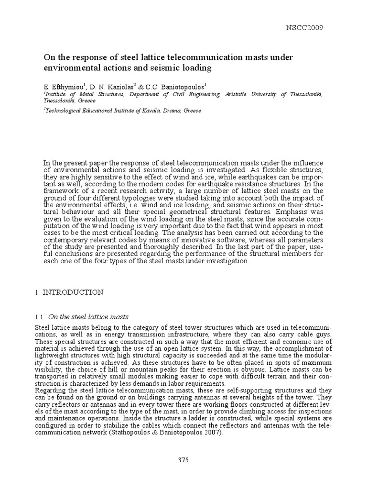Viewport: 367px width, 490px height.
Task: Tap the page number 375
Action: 183,460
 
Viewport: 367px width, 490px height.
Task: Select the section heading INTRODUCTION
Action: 73,292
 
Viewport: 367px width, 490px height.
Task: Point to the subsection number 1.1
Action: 39,316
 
